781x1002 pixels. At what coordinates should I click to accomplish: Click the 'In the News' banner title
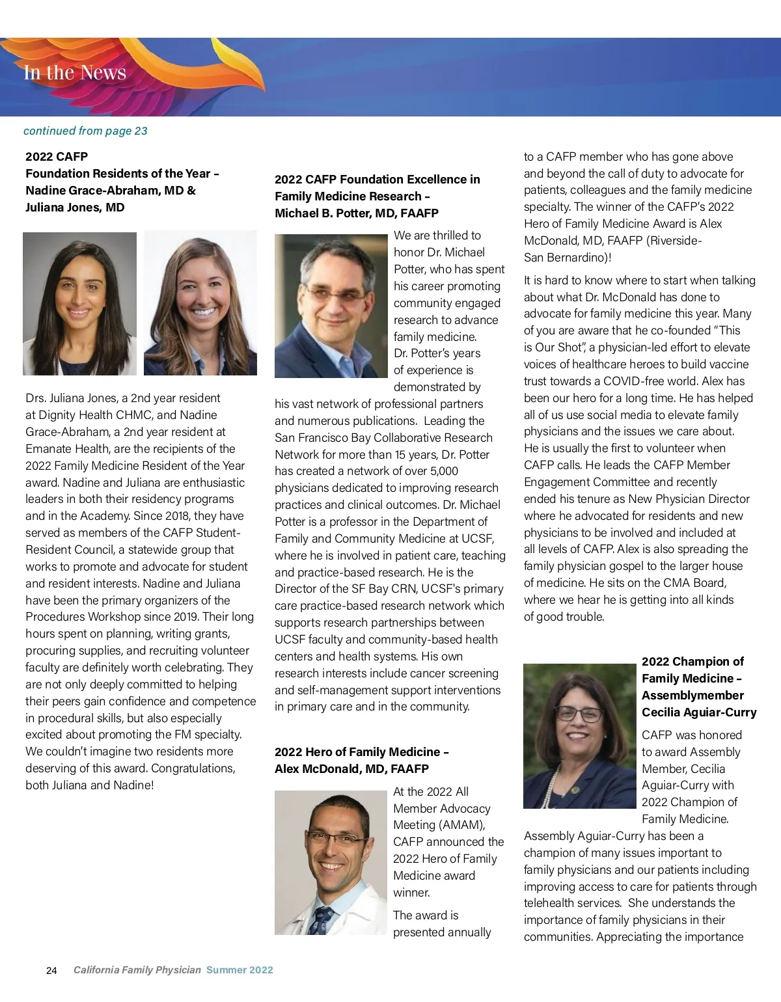click(x=75, y=72)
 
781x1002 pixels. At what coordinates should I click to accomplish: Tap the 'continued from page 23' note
click(x=85, y=131)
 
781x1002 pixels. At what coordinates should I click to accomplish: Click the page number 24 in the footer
click(x=52, y=971)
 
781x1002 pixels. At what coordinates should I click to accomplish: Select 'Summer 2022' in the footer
click(x=240, y=970)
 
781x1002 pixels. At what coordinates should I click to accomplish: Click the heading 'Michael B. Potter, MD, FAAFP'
click(x=356, y=213)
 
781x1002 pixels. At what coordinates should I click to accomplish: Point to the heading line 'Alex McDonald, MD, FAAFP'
click(x=351, y=769)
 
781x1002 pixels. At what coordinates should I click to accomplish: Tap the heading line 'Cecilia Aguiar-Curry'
click(x=699, y=712)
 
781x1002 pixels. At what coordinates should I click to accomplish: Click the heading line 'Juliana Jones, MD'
click(x=75, y=208)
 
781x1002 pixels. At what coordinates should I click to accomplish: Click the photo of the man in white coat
click(x=331, y=863)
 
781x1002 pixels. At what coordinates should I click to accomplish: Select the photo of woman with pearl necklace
click(x=579, y=736)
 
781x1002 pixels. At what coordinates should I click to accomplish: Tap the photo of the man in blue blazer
click(x=331, y=306)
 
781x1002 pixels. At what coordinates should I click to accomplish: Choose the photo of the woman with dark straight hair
click(x=79, y=304)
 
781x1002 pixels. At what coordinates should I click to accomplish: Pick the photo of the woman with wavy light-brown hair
click(x=200, y=303)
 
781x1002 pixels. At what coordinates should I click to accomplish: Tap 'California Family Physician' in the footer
click(x=137, y=970)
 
